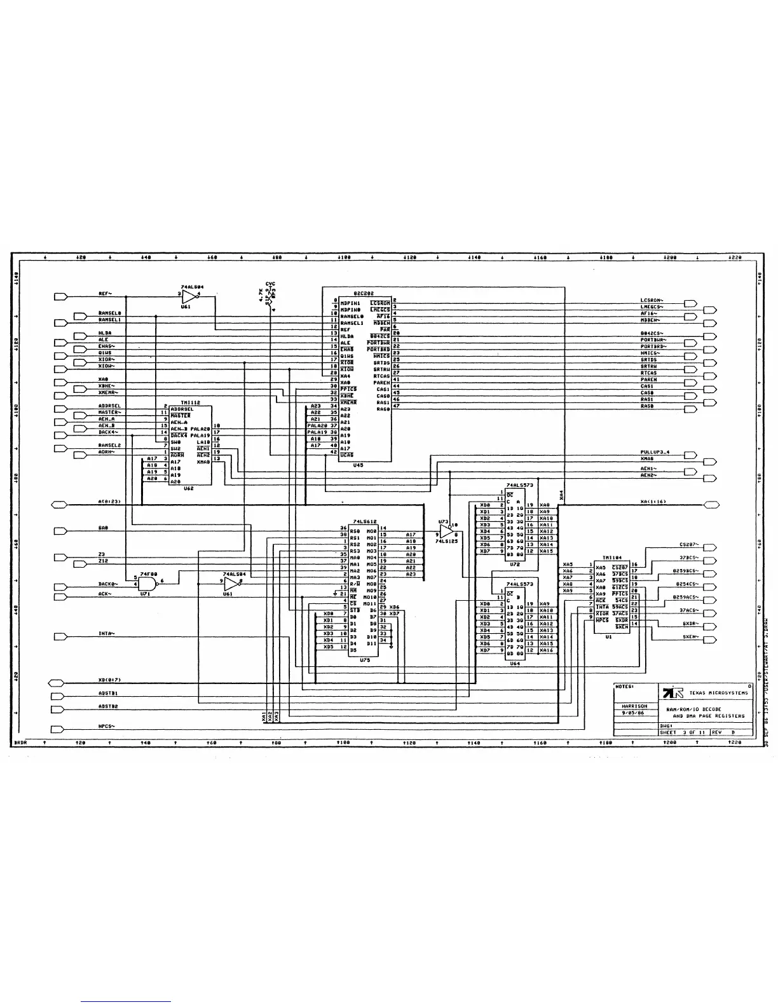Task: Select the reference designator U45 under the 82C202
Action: pos(358,465)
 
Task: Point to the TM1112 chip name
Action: pos(190,402)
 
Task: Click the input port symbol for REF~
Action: pos(61,296)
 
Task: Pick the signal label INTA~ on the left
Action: pos(106,634)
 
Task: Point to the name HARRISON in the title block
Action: pos(634,706)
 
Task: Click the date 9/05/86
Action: pos(632,712)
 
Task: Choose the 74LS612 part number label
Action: pos(366,521)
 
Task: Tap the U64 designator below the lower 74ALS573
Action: pos(514,663)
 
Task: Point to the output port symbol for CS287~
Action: pos(710,547)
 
